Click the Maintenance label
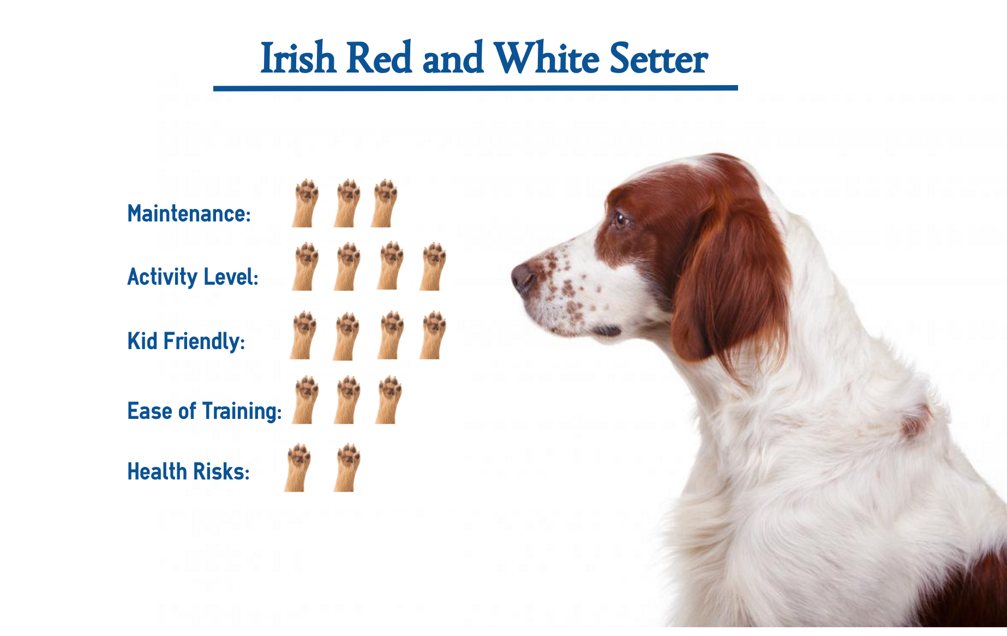click(189, 213)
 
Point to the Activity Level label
click(193, 277)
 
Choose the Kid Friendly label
click(186, 341)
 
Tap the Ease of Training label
click(205, 411)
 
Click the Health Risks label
click(188, 471)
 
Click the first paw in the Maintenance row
click(305, 203)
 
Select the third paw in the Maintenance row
click(385, 203)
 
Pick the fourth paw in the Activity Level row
click(433, 266)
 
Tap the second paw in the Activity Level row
click(347, 266)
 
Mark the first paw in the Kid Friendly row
click(303, 335)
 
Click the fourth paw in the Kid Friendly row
click(433, 335)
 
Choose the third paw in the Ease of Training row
click(388, 400)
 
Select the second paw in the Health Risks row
click(347, 468)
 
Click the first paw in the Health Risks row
click(298, 468)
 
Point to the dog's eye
click(620, 220)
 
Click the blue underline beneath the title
click(476, 88)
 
